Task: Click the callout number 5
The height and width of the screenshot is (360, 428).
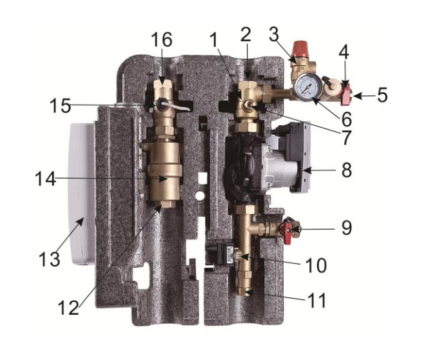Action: pos(382,96)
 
